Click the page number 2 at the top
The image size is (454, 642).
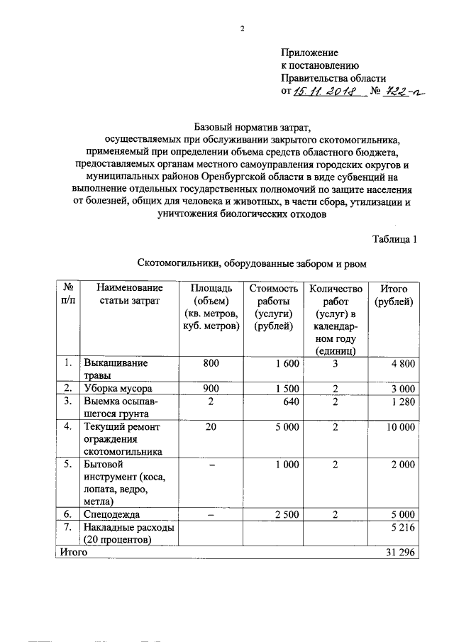point(242,29)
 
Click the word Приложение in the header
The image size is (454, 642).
point(310,52)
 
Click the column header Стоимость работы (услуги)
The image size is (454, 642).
point(272,306)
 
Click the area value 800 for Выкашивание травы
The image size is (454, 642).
point(211,364)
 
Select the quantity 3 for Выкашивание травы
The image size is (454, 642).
point(334,364)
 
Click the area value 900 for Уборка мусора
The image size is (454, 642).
point(211,389)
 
